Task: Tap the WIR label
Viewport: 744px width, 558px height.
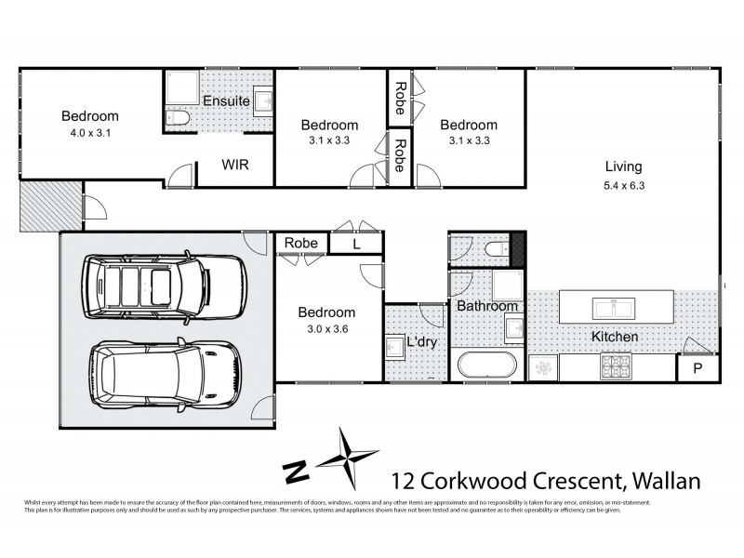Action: (234, 164)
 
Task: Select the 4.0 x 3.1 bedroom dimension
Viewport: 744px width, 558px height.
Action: (90, 132)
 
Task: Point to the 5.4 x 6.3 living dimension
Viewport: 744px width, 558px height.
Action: (623, 184)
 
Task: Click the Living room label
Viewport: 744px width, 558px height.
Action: (623, 167)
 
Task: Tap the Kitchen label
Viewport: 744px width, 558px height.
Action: (616, 336)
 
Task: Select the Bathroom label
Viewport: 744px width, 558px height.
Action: (485, 306)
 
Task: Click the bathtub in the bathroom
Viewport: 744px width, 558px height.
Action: (486, 365)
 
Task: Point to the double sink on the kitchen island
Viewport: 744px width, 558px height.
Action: (615, 306)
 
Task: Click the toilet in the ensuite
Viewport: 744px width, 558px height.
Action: (177, 118)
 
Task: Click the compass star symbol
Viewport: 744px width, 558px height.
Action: (350, 457)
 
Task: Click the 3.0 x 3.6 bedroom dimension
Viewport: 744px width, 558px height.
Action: (326, 329)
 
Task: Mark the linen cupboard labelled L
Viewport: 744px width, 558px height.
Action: (355, 244)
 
